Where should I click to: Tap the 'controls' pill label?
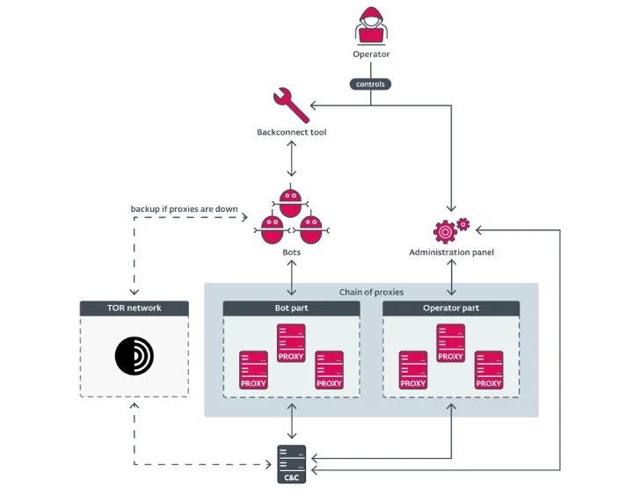pos(370,84)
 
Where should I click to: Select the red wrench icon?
pos(290,105)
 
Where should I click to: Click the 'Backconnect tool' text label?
pos(290,132)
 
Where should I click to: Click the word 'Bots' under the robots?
pos(291,252)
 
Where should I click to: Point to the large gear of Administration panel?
pos(446,231)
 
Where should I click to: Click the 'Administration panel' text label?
pos(451,252)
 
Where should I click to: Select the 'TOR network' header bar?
pos(134,309)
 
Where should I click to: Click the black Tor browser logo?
pos(134,355)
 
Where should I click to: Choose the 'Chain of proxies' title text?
pos(370,292)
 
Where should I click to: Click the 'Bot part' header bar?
pos(291,309)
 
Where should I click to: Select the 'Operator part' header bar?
pos(451,309)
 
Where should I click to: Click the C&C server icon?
pos(291,463)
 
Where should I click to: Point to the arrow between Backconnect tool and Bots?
pos(291,161)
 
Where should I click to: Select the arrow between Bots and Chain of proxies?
pos(291,278)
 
